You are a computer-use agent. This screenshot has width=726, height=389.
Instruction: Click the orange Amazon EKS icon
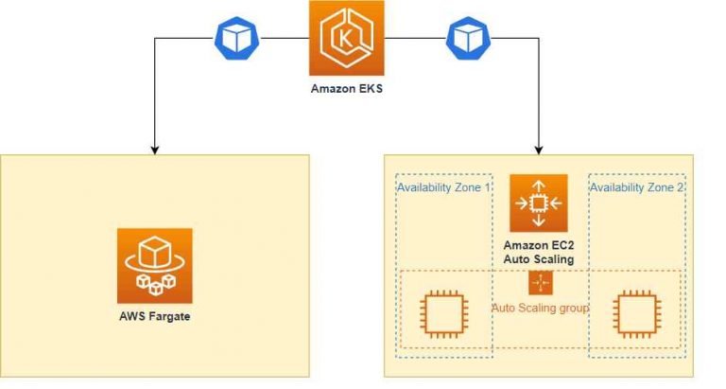347,38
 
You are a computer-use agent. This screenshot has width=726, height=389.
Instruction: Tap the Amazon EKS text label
347,90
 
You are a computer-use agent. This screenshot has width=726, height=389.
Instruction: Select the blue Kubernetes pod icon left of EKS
232,39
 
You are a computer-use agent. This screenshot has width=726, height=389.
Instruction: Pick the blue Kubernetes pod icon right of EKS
464,39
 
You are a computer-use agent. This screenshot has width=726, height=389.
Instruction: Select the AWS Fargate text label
155,315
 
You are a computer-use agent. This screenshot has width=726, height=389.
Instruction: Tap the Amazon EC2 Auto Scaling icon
539,203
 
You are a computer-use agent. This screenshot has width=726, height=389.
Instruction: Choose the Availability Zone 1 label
443,187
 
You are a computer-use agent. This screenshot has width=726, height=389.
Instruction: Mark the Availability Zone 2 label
637,187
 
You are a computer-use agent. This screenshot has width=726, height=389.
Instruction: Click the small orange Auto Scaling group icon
540,283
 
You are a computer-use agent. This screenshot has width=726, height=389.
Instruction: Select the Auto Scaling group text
540,308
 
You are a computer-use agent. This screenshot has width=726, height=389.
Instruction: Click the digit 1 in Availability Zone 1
486,187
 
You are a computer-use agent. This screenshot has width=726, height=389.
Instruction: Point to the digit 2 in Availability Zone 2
680,187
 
